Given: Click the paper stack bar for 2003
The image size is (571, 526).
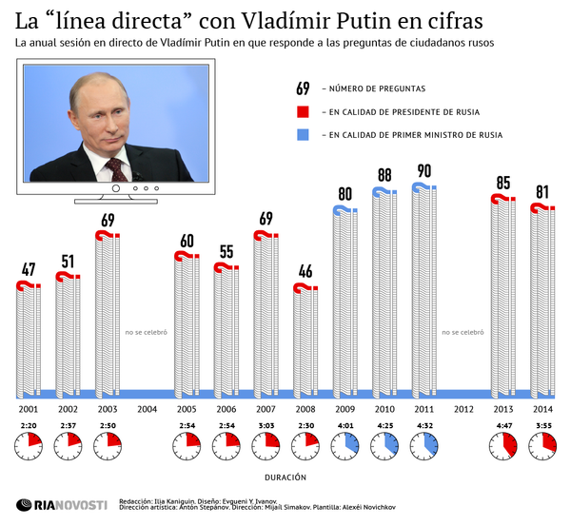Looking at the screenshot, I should pyautogui.click(x=108, y=314).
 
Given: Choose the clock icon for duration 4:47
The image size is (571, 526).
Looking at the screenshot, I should pyautogui.click(x=502, y=444).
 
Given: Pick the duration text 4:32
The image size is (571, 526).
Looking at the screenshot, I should pyautogui.click(x=423, y=425).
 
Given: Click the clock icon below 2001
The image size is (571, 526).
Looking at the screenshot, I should pyautogui.click(x=29, y=444).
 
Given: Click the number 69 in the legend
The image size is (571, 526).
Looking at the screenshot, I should pyautogui.click(x=303, y=88).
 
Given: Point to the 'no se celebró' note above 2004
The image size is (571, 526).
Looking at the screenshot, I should pyautogui.click(x=147, y=333).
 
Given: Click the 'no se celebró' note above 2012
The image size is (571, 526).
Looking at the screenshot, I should pyautogui.click(x=463, y=333).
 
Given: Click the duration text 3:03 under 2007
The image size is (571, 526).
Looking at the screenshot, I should pyautogui.click(x=266, y=425).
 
